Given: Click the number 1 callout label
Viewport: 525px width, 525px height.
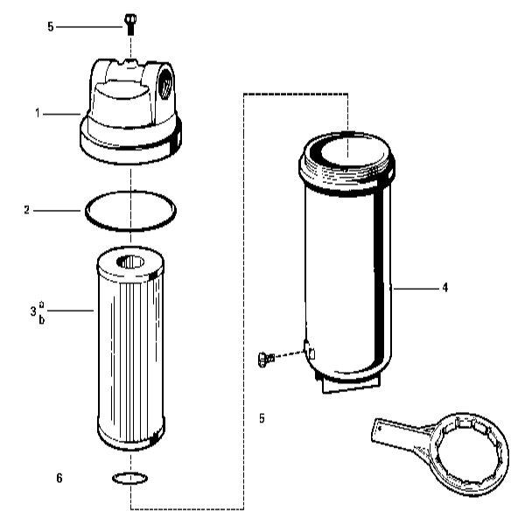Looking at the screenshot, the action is tap(38, 114).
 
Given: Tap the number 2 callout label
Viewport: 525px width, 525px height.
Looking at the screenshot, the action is tap(27, 210).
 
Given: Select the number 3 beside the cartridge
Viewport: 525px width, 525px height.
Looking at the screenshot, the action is tap(33, 311).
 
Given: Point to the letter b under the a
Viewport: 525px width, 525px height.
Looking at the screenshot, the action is tap(42, 319).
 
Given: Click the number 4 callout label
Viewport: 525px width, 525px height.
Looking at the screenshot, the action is tap(444, 288).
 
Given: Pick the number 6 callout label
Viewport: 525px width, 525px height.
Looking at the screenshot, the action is tap(59, 478).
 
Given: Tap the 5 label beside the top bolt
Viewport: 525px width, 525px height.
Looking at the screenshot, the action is tap(51, 27).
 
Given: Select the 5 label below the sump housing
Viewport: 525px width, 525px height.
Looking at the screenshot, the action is tap(262, 418).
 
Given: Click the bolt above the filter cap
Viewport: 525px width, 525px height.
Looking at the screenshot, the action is tap(129, 24).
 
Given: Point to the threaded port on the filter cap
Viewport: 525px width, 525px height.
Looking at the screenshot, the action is tap(166, 83).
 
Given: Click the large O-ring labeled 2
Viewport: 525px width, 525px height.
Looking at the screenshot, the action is tap(130, 229).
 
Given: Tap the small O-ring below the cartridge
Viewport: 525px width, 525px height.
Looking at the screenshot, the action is tap(129, 482).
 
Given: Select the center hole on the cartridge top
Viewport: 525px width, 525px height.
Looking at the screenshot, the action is tap(130, 262).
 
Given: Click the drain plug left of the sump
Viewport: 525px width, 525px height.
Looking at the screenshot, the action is tap(266, 359).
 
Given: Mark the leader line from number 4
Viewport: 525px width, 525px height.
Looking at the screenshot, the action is tap(416, 288).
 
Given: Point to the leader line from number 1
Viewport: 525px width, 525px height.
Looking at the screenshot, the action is tap(61, 114).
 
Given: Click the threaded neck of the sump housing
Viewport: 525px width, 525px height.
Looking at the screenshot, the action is tap(346, 173).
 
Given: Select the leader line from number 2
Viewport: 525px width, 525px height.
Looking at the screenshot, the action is tap(57, 211).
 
